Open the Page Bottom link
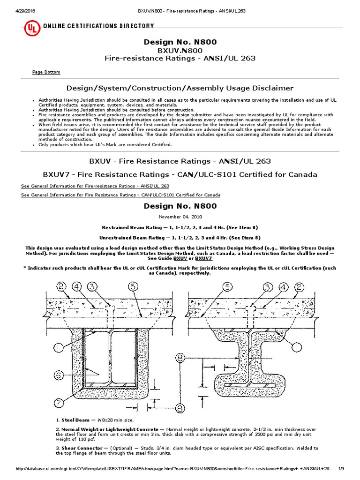pos(46,72)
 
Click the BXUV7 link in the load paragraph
pos(203,258)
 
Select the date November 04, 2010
pos(180,217)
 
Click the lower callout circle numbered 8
pos(180,409)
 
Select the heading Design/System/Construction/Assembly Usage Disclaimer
pos(180,88)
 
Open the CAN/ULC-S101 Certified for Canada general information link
pos(120,195)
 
